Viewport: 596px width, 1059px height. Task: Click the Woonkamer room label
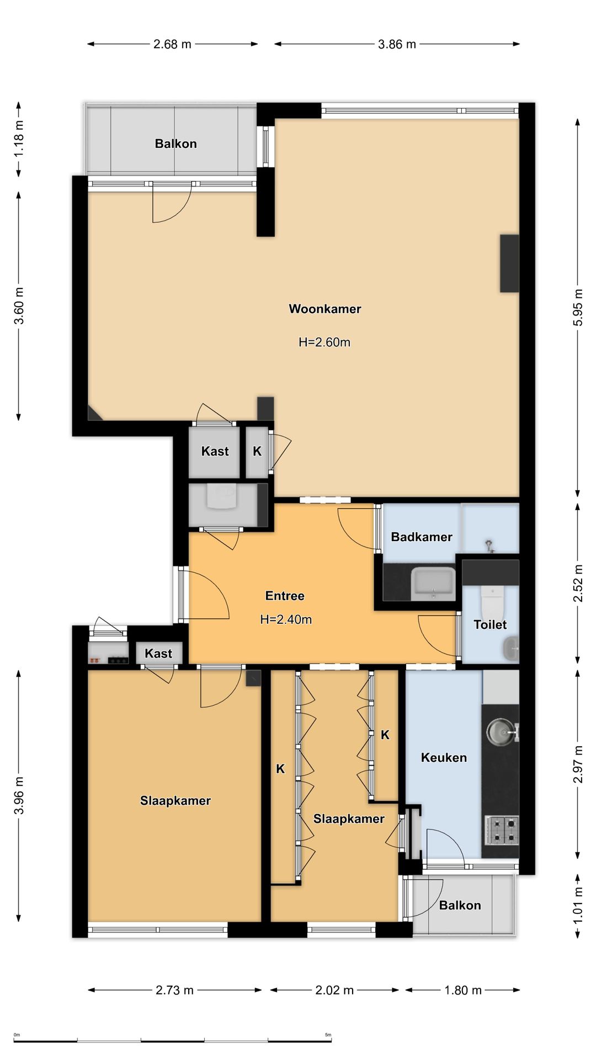pyautogui.click(x=325, y=309)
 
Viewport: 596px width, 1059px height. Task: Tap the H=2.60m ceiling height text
pyautogui.click(x=324, y=342)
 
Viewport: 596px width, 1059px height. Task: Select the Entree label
pyautogui.click(x=285, y=596)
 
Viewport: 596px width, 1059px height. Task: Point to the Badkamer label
pyautogui.click(x=422, y=537)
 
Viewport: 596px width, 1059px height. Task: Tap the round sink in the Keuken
pyautogui.click(x=501, y=732)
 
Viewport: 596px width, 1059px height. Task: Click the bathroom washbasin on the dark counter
pyautogui.click(x=433, y=584)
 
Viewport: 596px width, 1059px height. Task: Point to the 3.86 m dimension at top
pyautogui.click(x=397, y=44)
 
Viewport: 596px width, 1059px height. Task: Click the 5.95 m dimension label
pyautogui.click(x=578, y=307)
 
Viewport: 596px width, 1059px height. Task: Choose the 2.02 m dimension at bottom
pyautogui.click(x=334, y=990)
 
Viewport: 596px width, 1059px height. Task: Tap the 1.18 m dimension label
pyautogui.click(x=19, y=138)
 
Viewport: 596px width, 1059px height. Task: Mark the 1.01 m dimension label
pyautogui.click(x=578, y=905)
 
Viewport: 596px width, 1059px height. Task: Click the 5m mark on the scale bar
pyautogui.click(x=328, y=1035)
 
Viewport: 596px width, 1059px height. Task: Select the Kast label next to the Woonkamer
pyautogui.click(x=215, y=451)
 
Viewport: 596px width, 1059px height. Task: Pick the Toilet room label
pyautogui.click(x=490, y=624)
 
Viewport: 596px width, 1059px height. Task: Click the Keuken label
pyautogui.click(x=444, y=758)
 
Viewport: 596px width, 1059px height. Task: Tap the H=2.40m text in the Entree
pyautogui.click(x=286, y=619)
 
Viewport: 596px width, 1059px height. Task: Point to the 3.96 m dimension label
pyautogui.click(x=19, y=795)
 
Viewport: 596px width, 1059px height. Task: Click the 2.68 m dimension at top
pyautogui.click(x=172, y=44)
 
